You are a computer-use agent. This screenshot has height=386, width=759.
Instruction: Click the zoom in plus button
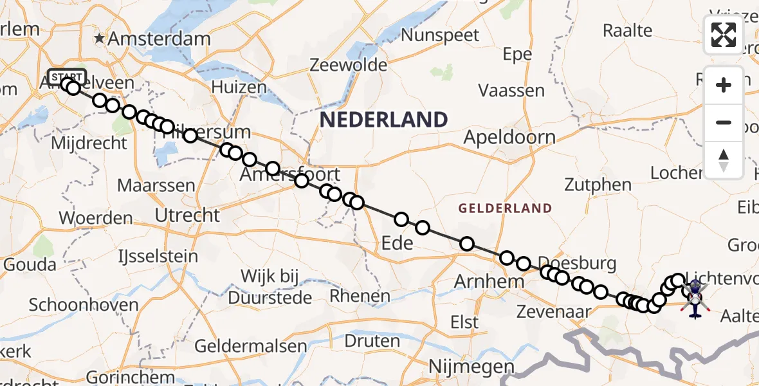click(x=724, y=85)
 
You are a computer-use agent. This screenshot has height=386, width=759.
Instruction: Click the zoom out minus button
click(x=724, y=122)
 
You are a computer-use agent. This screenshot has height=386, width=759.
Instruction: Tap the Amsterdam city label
click(x=158, y=39)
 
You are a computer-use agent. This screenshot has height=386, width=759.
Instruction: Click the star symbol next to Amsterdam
click(x=99, y=39)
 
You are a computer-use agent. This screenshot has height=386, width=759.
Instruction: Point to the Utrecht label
click(x=188, y=215)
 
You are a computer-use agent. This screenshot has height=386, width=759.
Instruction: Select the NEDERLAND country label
click(x=383, y=120)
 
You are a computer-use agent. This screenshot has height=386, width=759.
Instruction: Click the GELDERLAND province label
click(x=505, y=208)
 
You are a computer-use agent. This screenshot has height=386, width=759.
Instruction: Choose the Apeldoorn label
click(x=509, y=137)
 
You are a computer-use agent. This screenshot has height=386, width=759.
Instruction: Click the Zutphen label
click(x=598, y=185)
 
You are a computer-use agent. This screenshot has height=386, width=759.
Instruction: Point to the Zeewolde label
click(x=348, y=65)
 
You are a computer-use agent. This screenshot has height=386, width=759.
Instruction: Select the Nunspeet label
click(x=440, y=35)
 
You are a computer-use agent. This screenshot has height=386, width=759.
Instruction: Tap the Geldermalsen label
click(x=250, y=345)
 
